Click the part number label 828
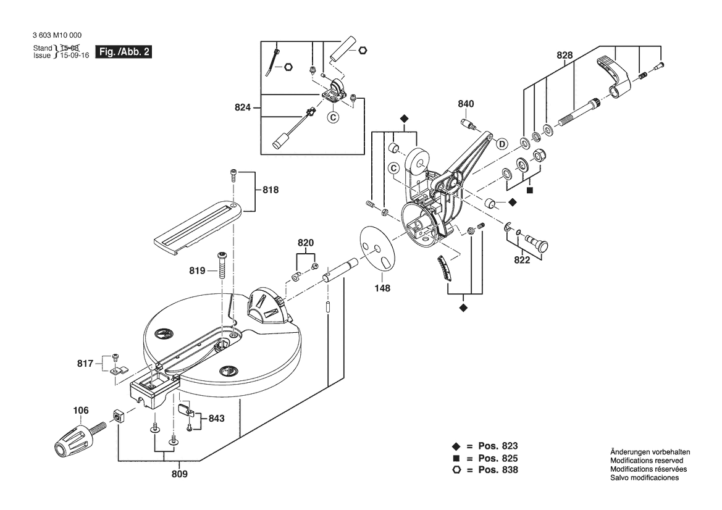click(564, 56)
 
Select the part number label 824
click(243, 108)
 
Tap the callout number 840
click(466, 104)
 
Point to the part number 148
click(382, 287)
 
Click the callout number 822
click(522, 260)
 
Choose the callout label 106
click(80, 409)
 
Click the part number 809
click(178, 474)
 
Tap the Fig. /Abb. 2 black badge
click(124, 52)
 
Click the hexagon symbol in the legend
click(456, 470)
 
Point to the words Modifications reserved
click(646, 461)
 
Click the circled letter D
click(502, 144)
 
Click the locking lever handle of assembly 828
click(614, 74)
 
